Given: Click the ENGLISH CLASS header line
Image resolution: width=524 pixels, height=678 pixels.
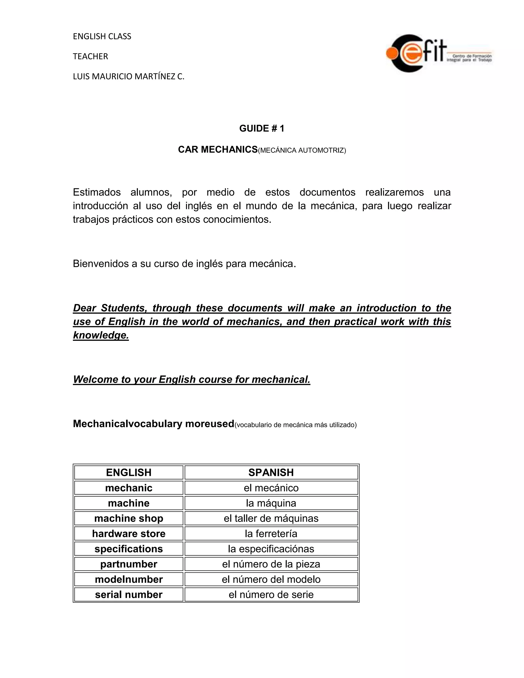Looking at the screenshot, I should point(102,36).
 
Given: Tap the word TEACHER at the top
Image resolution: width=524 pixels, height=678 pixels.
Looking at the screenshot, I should point(90,56).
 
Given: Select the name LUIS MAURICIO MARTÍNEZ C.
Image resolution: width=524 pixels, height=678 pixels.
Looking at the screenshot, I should point(128,76).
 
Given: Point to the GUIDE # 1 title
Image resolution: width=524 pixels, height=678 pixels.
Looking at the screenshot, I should point(262,128).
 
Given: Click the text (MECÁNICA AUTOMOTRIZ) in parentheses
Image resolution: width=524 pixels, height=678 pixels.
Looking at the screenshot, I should point(302,150).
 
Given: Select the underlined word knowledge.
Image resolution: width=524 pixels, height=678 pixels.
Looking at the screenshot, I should point(101,335).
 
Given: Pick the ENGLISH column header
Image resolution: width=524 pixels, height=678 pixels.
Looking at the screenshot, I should point(128,472).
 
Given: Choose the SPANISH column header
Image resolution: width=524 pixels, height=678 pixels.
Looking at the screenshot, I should point(271,472).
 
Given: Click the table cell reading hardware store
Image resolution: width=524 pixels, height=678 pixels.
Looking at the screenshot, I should point(128,533).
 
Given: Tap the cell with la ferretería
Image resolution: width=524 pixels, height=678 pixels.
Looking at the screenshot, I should point(271,533).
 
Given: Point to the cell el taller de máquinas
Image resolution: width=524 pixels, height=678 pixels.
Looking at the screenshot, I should point(271,518).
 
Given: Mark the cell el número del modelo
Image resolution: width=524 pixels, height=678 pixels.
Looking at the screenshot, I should point(271,579).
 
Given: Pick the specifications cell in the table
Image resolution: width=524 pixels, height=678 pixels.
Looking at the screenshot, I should point(128,549).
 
